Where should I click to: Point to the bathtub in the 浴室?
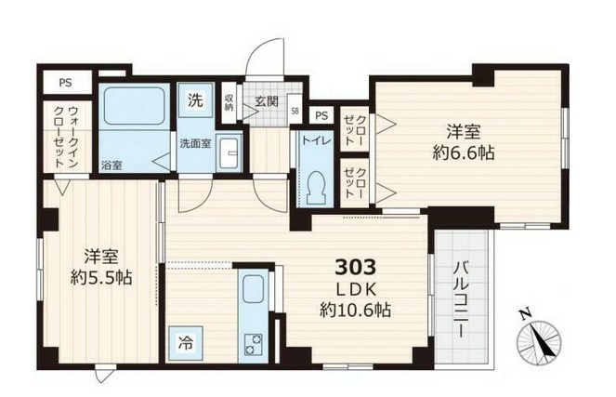132,107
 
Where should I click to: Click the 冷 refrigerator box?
186,342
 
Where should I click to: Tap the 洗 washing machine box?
197,99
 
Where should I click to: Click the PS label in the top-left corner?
65,82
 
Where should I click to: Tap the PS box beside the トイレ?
321,115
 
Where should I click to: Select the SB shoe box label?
295,111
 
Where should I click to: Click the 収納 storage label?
229,101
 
